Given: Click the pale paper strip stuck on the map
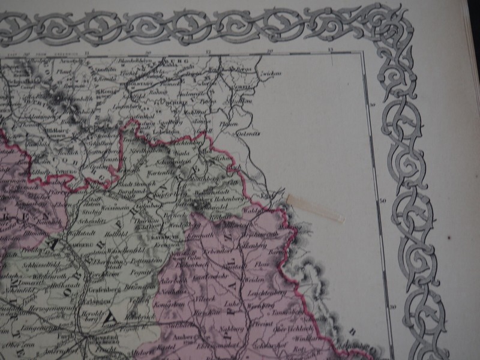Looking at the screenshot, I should [316, 208].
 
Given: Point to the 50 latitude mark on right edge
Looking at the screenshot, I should [382, 201].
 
